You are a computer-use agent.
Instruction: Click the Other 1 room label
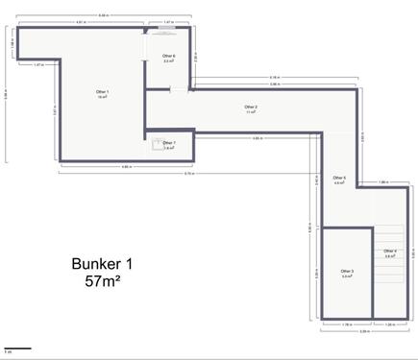[102, 93]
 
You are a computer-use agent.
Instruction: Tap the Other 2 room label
[251, 108]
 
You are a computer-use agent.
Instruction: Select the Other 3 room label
[347, 273]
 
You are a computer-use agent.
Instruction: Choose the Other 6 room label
[168, 58]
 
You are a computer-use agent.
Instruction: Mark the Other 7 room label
[169, 145]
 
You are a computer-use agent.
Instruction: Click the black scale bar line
[17, 348]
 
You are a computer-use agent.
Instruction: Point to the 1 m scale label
[8, 353]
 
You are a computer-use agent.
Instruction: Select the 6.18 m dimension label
[274, 77]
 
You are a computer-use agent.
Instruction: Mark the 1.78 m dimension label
[346, 325]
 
